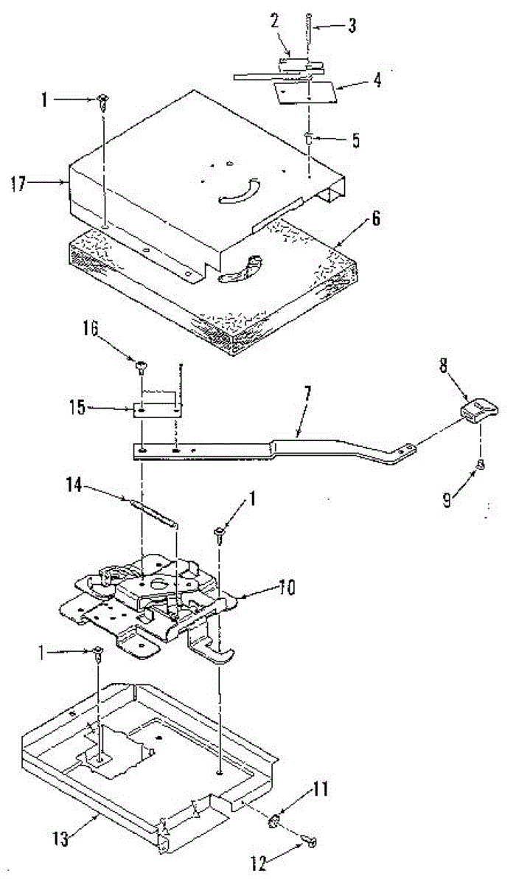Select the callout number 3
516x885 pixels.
tap(352, 27)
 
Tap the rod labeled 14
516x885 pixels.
tap(154, 511)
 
